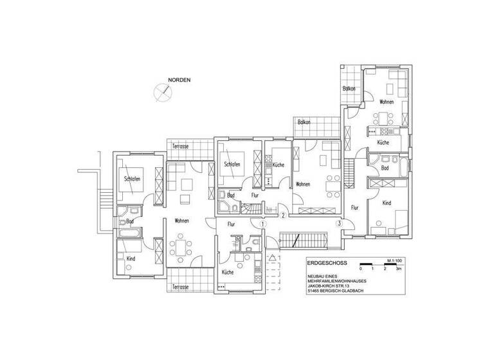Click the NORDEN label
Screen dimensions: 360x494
pyautogui.click(x=179, y=80)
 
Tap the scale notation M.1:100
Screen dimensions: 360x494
pyautogui.click(x=394, y=260)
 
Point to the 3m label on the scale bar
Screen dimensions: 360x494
pyautogui.click(x=399, y=271)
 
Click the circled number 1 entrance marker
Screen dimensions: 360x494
pyautogui.click(x=263, y=224)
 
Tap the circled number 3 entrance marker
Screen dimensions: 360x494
pyautogui.click(x=339, y=223)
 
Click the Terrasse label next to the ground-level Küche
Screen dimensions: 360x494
pyautogui.click(x=180, y=287)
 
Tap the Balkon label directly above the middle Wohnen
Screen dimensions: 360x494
pyautogui.click(x=304, y=122)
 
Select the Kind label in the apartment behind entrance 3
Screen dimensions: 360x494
pyautogui.click(x=387, y=203)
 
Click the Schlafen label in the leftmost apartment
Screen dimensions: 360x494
pyautogui.click(x=132, y=178)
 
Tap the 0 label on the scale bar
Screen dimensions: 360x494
pyautogui.click(x=361, y=271)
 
